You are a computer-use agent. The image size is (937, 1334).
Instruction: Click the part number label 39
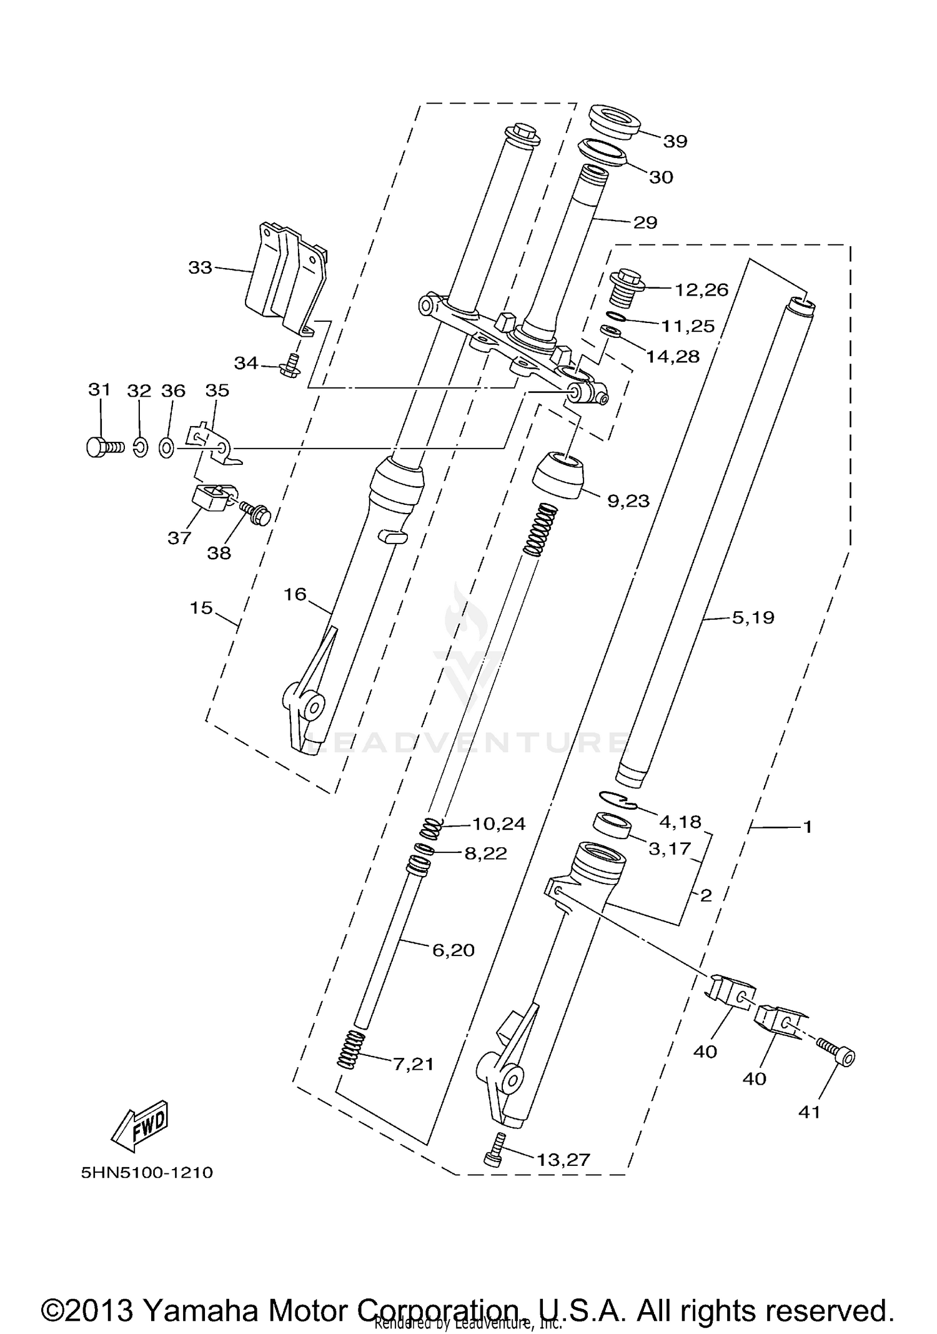point(675,141)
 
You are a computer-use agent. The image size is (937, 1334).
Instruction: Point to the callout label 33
point(201,267)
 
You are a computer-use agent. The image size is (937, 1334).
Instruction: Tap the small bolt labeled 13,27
point(494,1156)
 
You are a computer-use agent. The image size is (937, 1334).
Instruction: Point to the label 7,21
point(412,1063)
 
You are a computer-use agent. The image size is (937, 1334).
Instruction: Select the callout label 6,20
point(454,950)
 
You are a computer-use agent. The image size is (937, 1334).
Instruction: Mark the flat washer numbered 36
point(167,447)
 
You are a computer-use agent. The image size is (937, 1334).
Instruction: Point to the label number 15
point(201,607)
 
